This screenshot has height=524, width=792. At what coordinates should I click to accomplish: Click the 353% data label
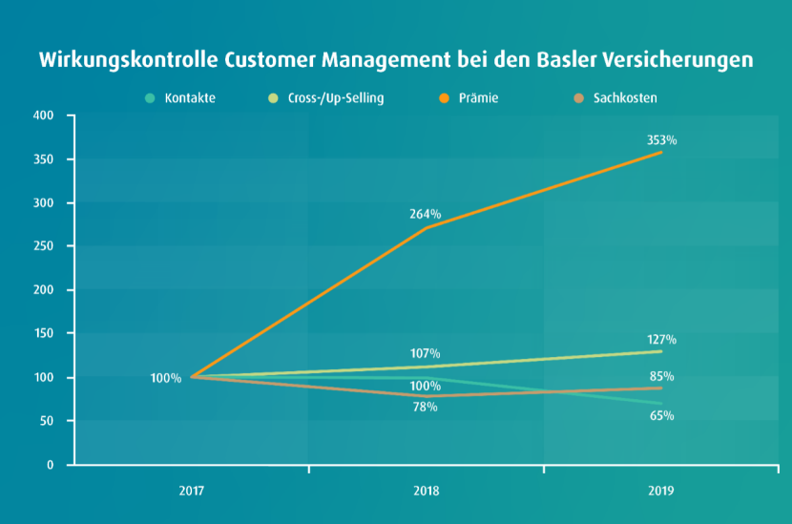coord(661,140)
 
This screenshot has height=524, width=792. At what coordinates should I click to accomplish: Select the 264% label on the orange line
coord(426,214)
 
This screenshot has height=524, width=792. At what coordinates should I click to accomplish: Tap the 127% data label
coord(661,339)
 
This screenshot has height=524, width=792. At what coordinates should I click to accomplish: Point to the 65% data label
coord(661,415)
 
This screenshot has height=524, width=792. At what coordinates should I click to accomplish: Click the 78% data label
coord(426,407)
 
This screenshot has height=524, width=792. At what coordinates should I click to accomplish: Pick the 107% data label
coord(426,354)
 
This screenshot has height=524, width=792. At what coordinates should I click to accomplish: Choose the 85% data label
coord(661,376)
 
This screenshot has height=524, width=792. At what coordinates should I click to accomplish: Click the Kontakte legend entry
coord(189,98)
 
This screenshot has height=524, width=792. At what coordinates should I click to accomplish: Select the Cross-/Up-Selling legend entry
coord(335,98)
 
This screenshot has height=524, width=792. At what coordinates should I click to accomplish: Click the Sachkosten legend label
coord(624,98)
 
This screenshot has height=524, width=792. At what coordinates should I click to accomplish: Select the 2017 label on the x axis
coord(192,491)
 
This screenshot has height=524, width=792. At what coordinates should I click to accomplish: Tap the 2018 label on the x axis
coord(426,491)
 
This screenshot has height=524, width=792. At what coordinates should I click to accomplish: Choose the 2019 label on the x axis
coord(660,491)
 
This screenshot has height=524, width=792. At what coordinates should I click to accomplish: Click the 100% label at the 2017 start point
coord(165,378)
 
